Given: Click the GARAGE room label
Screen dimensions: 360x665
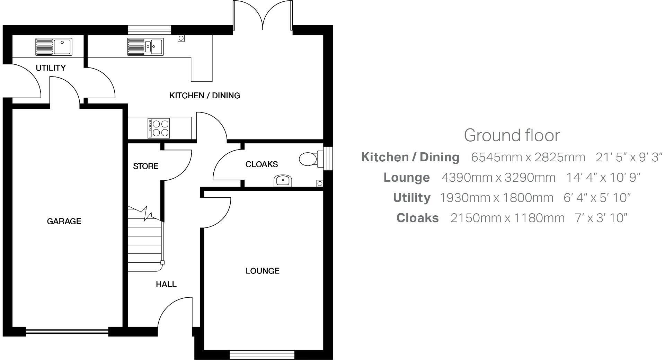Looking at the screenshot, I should tap(64, 221).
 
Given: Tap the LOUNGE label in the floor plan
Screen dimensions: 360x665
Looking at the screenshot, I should tap(263, 271).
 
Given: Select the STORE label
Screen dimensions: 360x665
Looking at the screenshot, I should tap(145, 166).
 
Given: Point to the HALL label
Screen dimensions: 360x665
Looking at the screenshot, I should tap(166, 284).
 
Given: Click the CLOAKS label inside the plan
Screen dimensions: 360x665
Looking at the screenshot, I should tap(261, 164).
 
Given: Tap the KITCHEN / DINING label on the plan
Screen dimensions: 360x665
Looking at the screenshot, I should tap(204, 96).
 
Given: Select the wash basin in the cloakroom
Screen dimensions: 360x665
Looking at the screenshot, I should tap(283, 180).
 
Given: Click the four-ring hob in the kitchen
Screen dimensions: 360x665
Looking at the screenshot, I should tap(159, 128).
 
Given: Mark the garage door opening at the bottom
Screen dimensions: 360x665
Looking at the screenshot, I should tap(67, 332).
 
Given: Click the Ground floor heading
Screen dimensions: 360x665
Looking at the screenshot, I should tap(512, 135).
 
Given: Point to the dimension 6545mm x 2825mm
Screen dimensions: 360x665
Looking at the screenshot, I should tap(528, 157).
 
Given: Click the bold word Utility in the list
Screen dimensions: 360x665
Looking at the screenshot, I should tap(411, 198).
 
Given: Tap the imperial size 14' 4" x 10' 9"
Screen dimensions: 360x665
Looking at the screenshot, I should tap(603, 178).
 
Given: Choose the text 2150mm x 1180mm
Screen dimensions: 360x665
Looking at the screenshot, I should tap(507, 218).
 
